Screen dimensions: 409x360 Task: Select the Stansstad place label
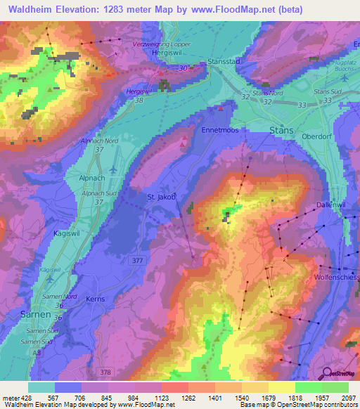point(225,61)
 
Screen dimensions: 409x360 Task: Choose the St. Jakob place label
point(161,197)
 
